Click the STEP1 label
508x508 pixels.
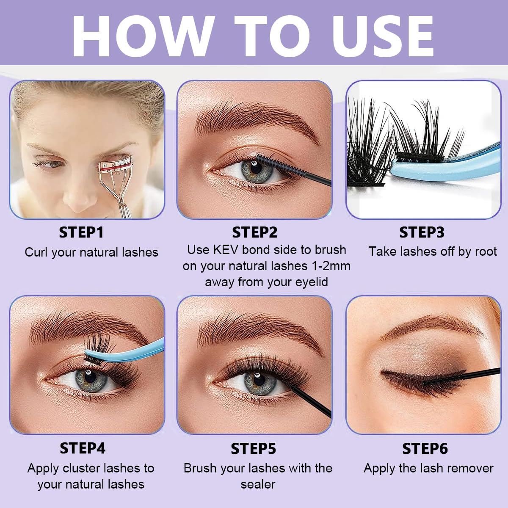point(81,232)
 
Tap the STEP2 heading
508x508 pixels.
point(254,232)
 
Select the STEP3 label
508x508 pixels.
point(422,232)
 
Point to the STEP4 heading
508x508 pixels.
point(83,448)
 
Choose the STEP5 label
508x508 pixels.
point(253,448)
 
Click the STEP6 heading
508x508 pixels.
point(425,448)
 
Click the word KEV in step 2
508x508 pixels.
point(226,250)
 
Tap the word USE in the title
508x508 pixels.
point(383,36)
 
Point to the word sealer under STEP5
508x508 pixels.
point(258,484)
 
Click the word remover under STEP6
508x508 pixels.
point(470,468)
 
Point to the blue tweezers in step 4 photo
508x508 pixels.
point(127,351)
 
